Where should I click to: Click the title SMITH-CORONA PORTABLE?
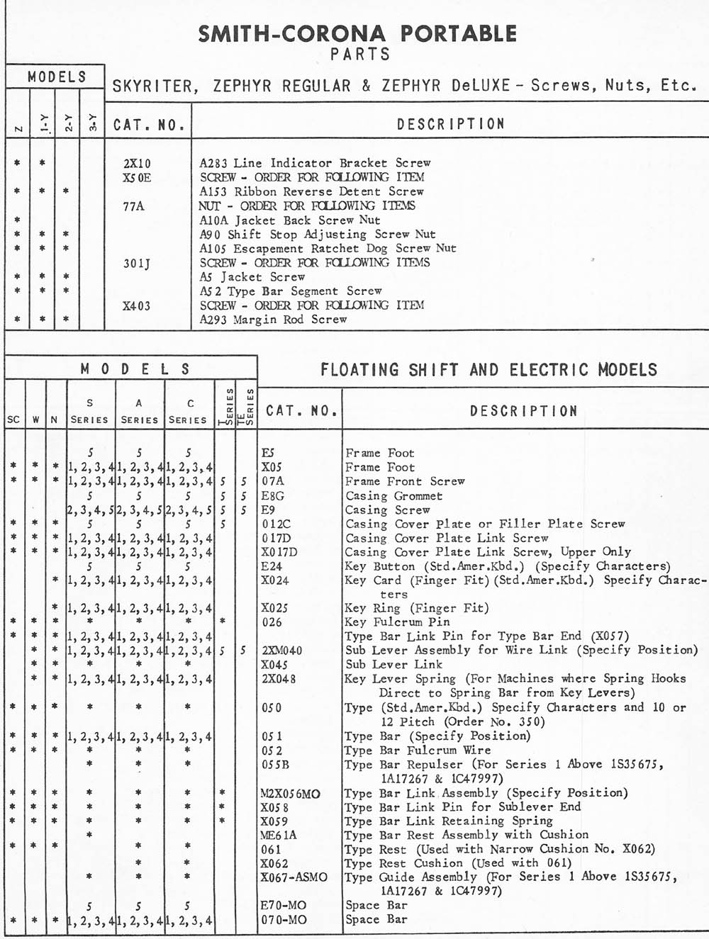point(357,33)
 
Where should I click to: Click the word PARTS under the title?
point(360,54)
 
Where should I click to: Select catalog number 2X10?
point(138,163)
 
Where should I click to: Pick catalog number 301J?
point(137,263)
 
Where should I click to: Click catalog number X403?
point(136,305)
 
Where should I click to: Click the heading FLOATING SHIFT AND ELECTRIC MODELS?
point(489,369)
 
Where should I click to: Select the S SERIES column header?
point(90,411)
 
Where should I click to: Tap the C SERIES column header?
point(188,411)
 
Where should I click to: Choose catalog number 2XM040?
point(282,651)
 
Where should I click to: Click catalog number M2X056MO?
point(290,793)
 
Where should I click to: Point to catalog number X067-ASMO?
point(294,877)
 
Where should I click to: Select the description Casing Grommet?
point(393,496)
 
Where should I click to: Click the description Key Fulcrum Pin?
point(397,622)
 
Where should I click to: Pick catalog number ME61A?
point(279,835)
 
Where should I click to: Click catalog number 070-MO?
point(284,920)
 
